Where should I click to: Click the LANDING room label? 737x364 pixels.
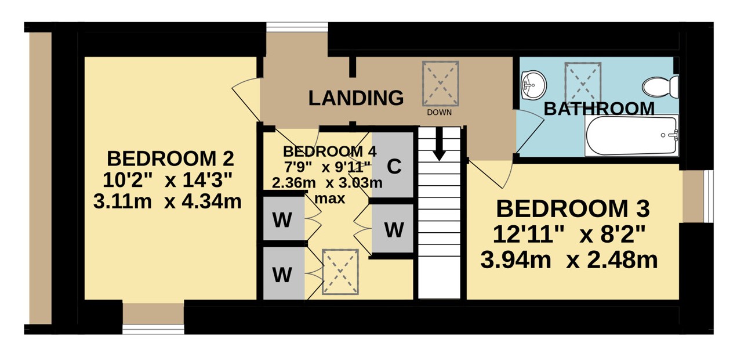[355, 98]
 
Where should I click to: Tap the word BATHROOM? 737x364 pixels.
[599, 109]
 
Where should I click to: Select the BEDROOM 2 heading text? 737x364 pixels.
[170, 158]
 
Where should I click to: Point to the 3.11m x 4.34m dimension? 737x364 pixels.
[168, 201]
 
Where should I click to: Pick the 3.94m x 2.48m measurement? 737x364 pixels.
[569, 260]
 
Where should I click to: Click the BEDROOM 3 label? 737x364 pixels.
[573, 208]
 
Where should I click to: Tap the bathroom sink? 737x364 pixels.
[533, 85]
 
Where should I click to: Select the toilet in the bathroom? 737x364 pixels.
[660, 87]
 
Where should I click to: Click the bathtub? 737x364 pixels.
[631, 135]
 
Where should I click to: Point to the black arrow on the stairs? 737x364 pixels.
[439, 144]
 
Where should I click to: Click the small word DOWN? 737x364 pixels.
[439, 112]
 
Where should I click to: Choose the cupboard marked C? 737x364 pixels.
[393, 165]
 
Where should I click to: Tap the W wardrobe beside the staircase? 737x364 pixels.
[393, 229]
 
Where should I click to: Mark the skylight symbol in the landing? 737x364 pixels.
[440, 84]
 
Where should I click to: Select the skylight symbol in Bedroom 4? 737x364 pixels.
[340, 272]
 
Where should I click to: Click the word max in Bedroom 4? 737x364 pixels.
[330, 199]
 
